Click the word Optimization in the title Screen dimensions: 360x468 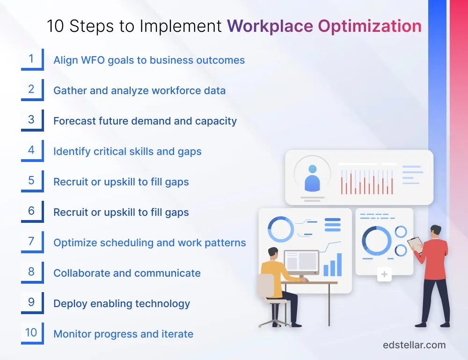click(370, 26)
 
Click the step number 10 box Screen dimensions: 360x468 click(31, 333)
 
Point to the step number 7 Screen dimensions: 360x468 click(31, 242)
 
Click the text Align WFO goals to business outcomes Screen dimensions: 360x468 click(149, 60)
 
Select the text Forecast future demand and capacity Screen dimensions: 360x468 click(145, 121)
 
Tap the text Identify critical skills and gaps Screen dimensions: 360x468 click(127, 152)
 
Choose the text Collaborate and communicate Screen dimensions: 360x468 click(127, 273)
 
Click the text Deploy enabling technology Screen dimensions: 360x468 click(122, 304)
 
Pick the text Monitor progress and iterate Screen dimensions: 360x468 click(123, 334)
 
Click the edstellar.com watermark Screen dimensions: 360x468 click(414, 345)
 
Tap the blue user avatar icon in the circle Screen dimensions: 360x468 click(312, 179)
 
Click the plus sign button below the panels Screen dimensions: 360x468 click(384, 274)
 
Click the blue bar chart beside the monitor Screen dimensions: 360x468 click(333, 265)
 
